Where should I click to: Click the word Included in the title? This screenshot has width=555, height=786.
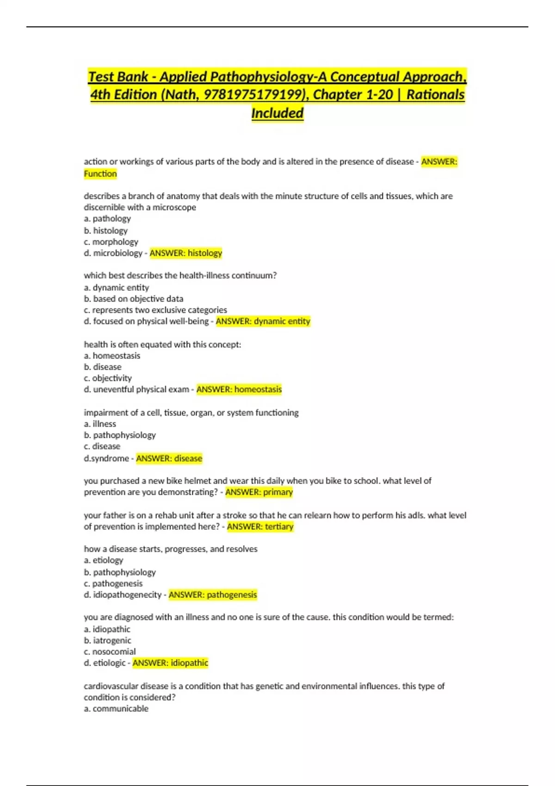point(277,113)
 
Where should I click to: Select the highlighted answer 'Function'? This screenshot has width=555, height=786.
point(100,174)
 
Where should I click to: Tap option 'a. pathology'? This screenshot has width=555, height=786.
point(107,219)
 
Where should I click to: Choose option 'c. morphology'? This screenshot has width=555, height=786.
point(111,242)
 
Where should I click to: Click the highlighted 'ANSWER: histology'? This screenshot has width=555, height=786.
point(186,253)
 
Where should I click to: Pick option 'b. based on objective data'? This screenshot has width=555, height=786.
point(134,299)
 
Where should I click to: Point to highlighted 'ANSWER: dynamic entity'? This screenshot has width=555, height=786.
point(263,321)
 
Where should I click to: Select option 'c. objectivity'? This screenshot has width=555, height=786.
point(108,378)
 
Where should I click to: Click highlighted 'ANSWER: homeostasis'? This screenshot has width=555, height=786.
point(239,389)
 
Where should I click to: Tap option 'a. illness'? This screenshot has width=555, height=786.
point(100,424)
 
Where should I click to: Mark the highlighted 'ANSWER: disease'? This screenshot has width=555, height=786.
point(169,458)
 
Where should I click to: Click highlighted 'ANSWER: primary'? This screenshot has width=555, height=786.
point(259,492)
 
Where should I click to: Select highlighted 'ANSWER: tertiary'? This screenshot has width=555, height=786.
point(260,527)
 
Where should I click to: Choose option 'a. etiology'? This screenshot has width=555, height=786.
point(104,560)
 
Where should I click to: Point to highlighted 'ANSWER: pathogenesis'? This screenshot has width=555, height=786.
point(213,595)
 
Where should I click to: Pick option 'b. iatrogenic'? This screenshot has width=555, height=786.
point(108,640)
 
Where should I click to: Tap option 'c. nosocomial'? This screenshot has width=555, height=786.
point(110,652)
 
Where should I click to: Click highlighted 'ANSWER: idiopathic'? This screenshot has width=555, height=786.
point(170,663)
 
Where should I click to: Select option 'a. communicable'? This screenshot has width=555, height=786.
point(116,709)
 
